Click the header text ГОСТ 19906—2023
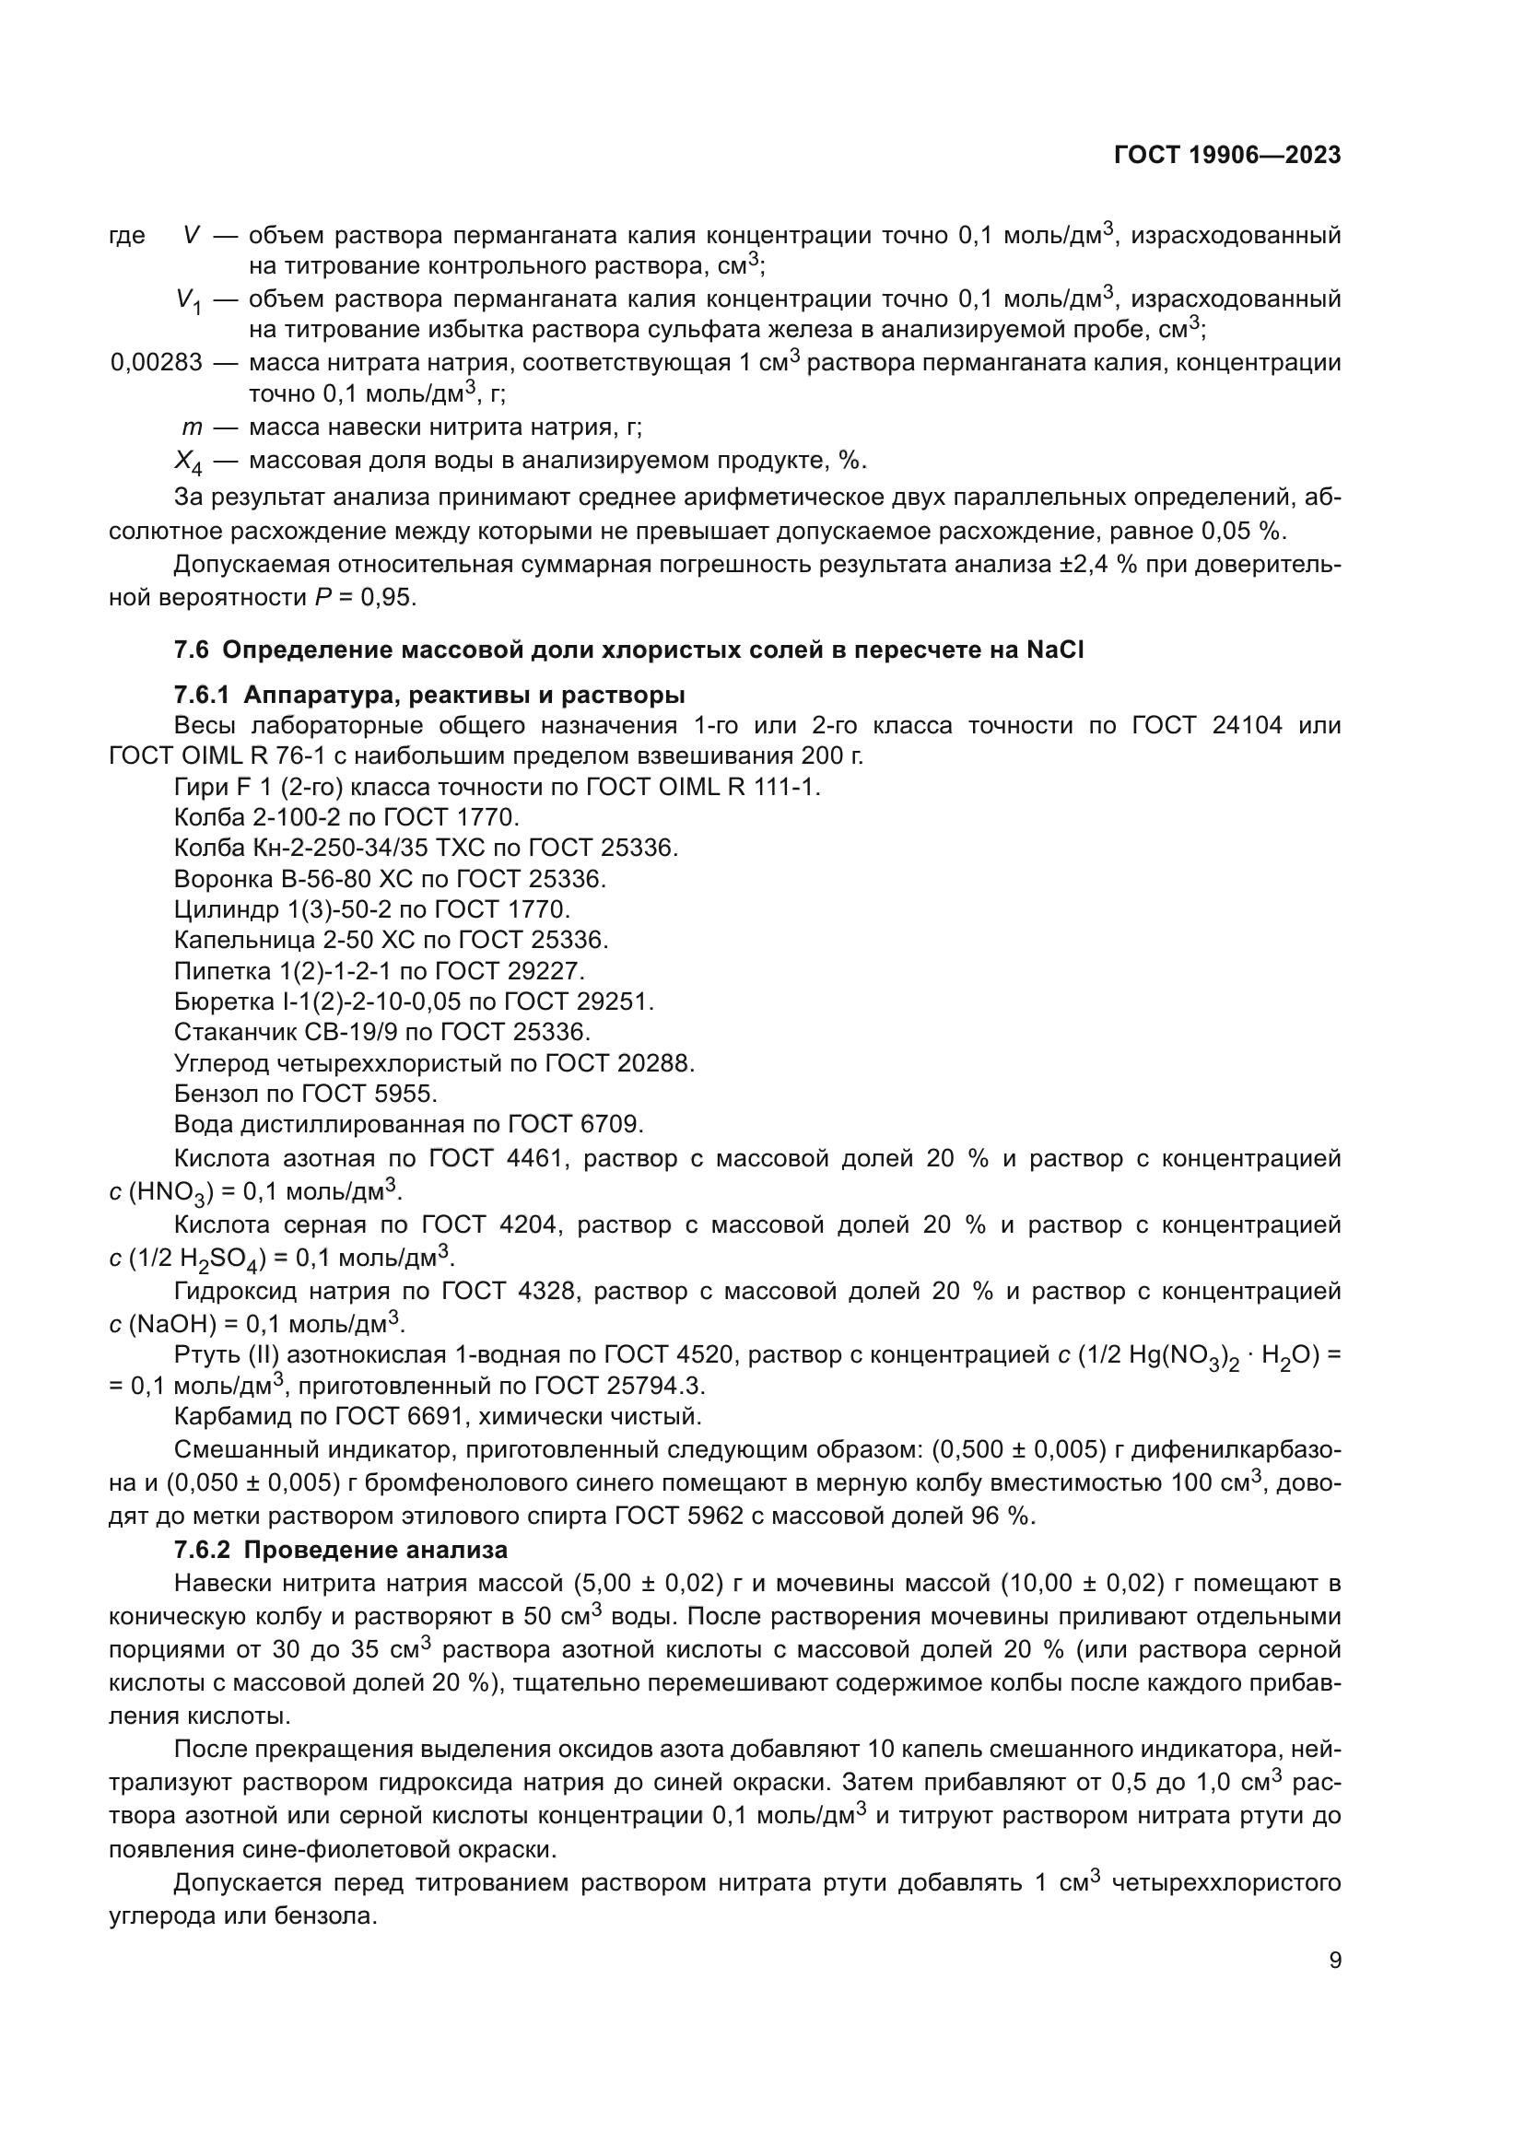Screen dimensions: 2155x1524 (1226, 156)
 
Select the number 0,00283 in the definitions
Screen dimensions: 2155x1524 (156, 363)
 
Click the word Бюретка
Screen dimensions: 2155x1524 (217, 1001)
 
